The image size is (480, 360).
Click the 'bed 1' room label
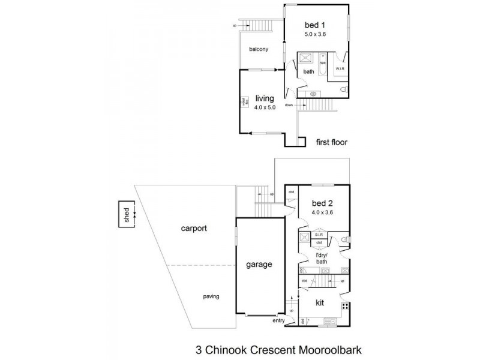316,25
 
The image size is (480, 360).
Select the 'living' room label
264,98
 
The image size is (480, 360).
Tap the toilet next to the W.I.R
343,89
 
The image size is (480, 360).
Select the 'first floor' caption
331,142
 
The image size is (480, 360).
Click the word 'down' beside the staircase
289,105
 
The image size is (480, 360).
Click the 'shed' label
127,215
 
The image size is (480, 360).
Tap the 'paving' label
210,296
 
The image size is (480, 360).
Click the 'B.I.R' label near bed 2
319,235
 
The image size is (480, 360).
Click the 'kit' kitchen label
320,304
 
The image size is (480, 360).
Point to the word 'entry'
278,321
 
